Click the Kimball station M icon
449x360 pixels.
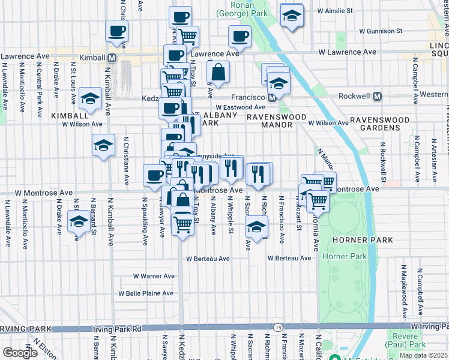pos(112,58)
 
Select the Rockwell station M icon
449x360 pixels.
pos(378,97)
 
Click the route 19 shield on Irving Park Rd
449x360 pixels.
pos(277,327)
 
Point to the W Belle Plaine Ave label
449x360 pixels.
pos(145,293)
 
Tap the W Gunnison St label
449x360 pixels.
pos(381,31)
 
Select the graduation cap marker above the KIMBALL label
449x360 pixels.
pos(90,99)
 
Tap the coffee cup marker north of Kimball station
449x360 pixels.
pos(116,30)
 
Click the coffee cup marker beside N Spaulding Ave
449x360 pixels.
pos(154,175)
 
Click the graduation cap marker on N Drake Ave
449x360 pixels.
pos(78,221)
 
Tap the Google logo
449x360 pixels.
pos(20,353)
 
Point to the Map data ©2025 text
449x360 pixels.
pos(424,355)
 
